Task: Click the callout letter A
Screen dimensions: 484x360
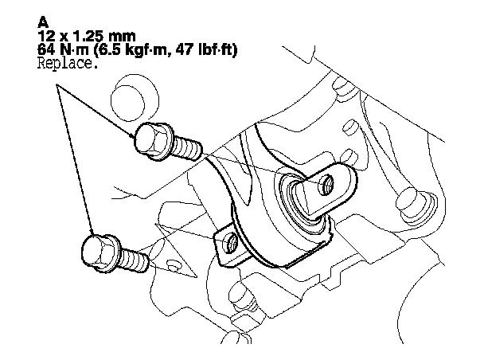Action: click(43, 22)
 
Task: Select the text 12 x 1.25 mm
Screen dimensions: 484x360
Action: click(87, 36)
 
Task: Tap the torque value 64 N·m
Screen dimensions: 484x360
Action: click(63, 49)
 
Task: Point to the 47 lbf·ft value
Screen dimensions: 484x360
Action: click(206, 49)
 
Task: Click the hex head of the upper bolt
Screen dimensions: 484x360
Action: click(154, 142)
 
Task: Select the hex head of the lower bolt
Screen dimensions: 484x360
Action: click(100, 253)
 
